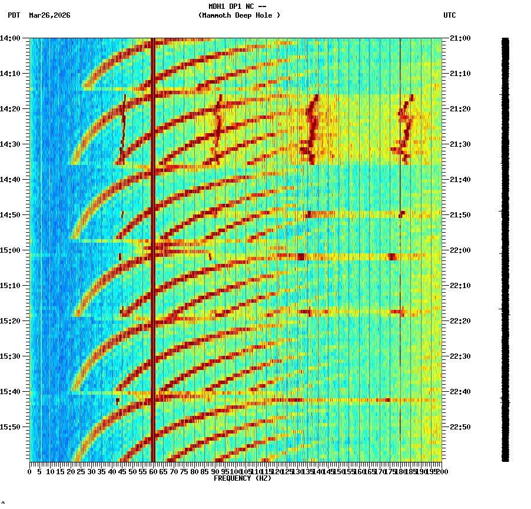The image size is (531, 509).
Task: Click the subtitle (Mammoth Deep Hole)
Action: (x=239, y=15)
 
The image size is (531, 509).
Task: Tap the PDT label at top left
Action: (x=14, y=15)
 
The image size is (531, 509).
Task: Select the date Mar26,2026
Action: (x=49, y=15)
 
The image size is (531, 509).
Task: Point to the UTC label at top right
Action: (x=449, y=15)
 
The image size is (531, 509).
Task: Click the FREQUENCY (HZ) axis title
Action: (x=242, y=478)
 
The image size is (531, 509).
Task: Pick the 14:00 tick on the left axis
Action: (x=10, y=38)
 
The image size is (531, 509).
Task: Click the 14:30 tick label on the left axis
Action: (x=10, y=144)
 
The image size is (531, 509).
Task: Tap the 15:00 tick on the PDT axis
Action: (x=10, y=250)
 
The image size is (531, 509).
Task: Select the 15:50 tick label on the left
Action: (x=10, y=427)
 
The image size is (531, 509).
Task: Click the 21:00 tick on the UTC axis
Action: (x=460, y=38)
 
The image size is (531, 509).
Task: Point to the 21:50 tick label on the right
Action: (x=460, y=215)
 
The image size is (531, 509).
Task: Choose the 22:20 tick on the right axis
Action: (x=460, y=321)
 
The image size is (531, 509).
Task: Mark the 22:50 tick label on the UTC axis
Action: (x=460, y=427)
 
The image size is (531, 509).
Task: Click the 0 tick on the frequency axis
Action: (x=30, y=471)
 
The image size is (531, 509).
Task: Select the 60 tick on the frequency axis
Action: (x=153, y=471)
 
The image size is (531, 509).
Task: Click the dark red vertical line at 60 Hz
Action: (x=153, y=236)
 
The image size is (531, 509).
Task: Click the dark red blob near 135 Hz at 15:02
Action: (x=301, y=256)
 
